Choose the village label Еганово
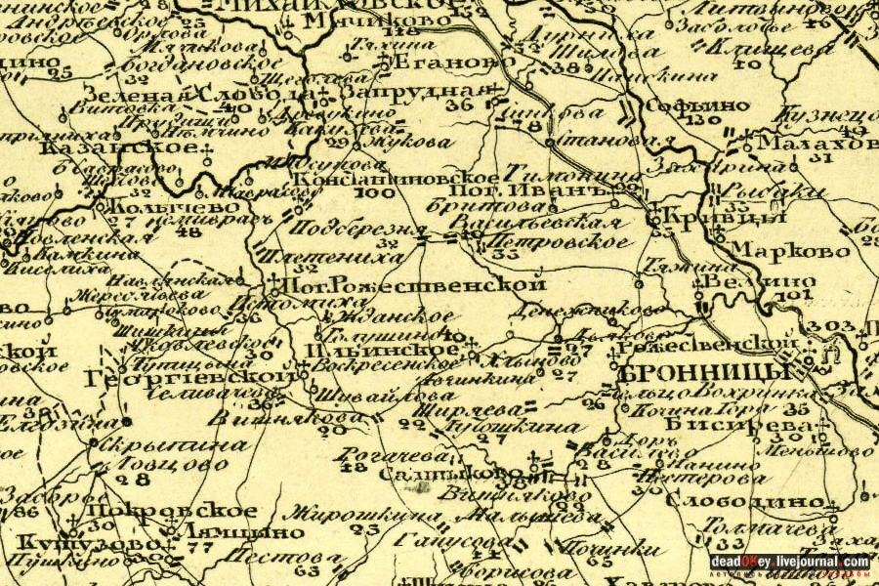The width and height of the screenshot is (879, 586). click(x=437, y=63)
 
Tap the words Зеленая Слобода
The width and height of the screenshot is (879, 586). click(x=199, y=95)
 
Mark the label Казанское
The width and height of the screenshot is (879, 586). click(x=118, y=146)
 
